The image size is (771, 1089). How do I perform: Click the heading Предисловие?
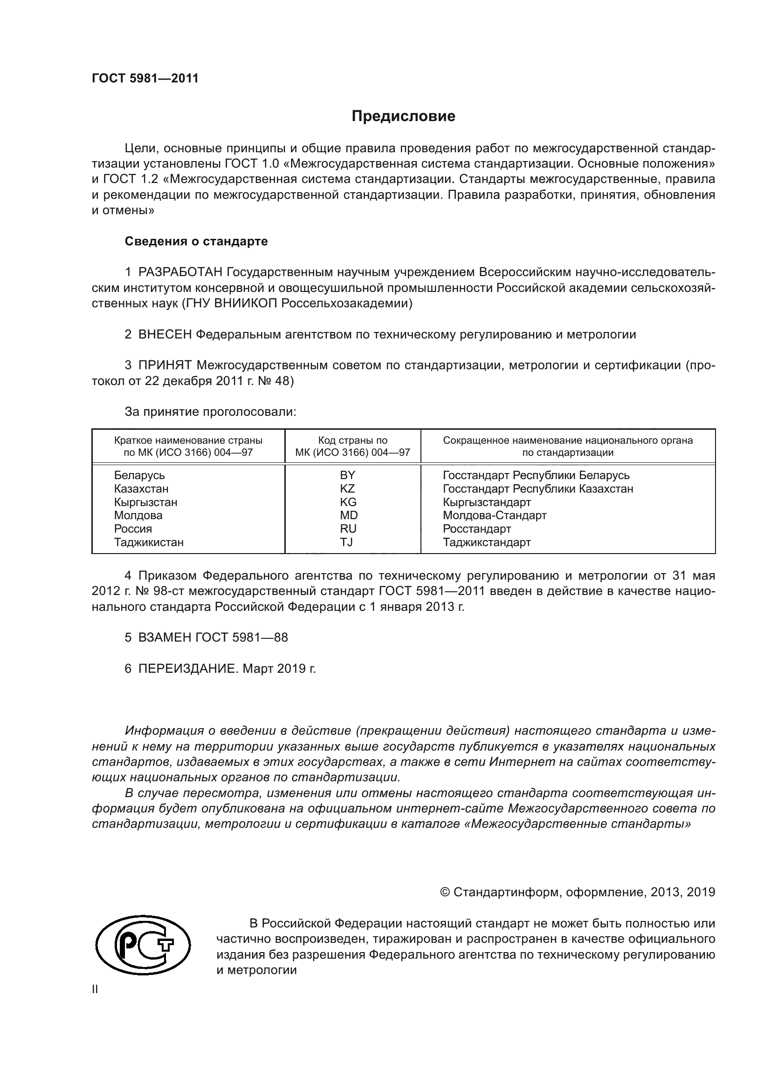pyautogui.click(x=403, y=116)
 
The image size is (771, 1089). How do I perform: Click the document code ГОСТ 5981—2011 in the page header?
pyautogui.click(x=145, y=78)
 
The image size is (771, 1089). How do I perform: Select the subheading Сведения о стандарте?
pyautogui.click(x=196, y=242)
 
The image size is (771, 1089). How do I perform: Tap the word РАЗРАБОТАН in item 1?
pyautogui.click(x=180, y=272)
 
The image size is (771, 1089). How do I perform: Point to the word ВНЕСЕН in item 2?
pyautogui.click(x=165, y=334)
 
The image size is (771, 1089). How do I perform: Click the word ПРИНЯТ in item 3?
pyautogui.click(x=165, y=365)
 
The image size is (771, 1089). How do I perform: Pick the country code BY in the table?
pyautogui.click(x=348, y=475)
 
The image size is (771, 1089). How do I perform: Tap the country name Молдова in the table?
pyautogui.click(x=138, y=515)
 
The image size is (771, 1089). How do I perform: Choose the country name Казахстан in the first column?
pyautogui.click(x=141, y=488)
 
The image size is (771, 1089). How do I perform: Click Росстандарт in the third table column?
pyautogui.click(x=477, y=529)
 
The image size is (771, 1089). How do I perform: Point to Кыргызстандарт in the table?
pyautogui.click(x=487, y=502)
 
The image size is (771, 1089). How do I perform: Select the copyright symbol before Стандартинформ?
pyautogui.click(x=445, y=892)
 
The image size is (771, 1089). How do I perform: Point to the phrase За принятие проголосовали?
pyautogui.click(x=210, y=412)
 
